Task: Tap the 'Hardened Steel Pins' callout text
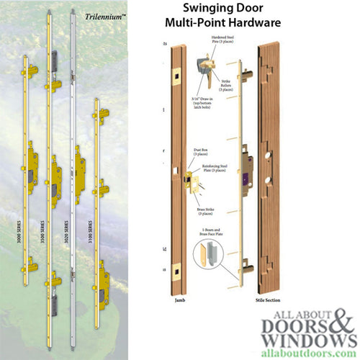220,42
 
